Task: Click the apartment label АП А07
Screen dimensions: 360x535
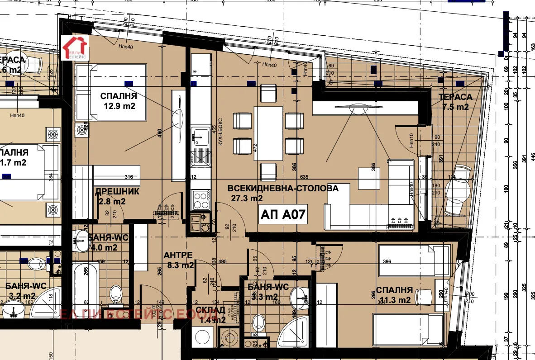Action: [284, 215]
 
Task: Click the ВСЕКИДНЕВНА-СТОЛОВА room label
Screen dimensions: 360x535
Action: [283, 189]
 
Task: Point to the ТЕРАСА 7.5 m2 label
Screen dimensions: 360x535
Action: [455, 102]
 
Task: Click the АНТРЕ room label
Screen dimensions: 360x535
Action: [178, 256]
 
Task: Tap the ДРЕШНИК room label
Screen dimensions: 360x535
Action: [117, 192]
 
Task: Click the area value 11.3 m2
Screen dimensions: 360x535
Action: [393, 299]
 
